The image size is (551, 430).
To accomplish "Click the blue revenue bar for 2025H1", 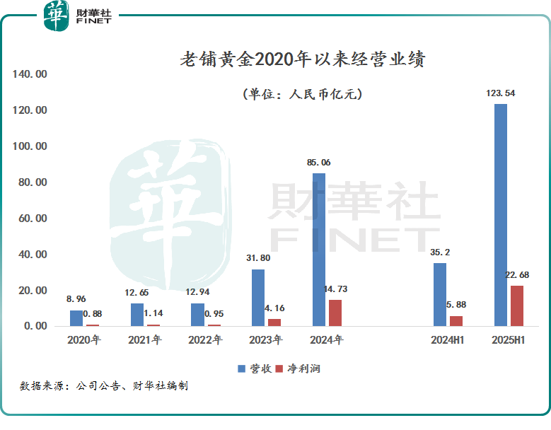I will tap(500, 215).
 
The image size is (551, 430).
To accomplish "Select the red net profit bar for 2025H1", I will tap(517, 306).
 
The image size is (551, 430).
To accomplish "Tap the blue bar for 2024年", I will tap(319, 250).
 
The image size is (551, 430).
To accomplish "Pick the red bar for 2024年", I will tap(335, 313).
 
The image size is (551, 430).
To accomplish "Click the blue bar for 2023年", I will tap(258, 298).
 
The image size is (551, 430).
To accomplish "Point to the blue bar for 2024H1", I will tap(440, 294).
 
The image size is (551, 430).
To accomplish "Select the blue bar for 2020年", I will tap(76, 318).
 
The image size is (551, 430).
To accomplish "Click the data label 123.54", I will tap(500, 93).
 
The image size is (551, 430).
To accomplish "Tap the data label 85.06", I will tap(318, 163).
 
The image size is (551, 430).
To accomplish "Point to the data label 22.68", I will tap(517, 275).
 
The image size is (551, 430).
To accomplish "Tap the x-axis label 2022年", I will tap(205, 340).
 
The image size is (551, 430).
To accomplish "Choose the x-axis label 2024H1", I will tap(448, 340).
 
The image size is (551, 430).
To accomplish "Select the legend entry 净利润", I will tap(298, 368).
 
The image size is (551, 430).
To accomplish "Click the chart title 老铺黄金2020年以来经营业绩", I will tap(302, 60).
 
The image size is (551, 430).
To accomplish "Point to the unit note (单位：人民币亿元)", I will tap(302, 94).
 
